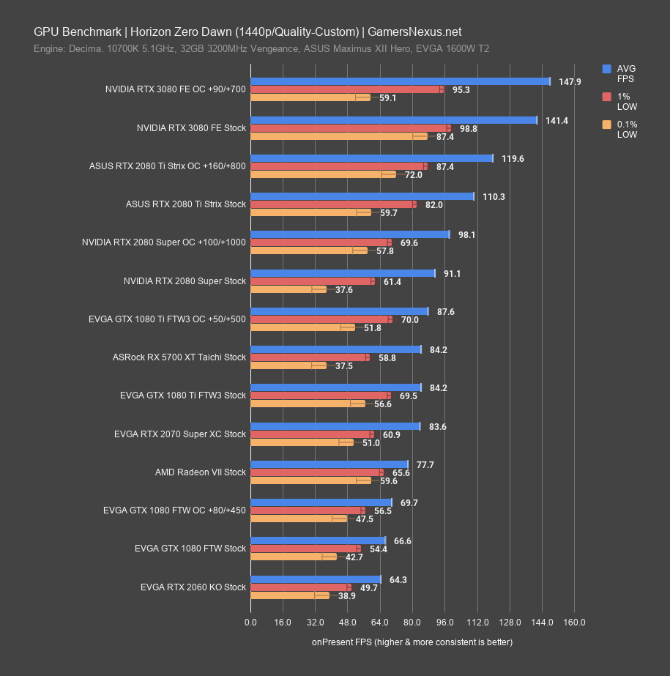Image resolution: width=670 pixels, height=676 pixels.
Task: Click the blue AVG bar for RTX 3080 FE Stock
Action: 393,120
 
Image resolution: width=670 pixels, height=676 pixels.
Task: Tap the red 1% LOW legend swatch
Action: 606,97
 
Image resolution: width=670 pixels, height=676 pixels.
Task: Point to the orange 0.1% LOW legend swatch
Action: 606,125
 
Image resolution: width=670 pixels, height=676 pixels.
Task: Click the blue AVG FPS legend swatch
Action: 606,69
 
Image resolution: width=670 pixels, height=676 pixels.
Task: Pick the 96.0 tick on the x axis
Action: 444,623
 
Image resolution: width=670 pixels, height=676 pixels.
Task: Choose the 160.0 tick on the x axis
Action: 574,623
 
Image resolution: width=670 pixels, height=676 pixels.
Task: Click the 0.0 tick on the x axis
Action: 250,623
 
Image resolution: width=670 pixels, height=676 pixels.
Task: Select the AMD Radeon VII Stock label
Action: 201,472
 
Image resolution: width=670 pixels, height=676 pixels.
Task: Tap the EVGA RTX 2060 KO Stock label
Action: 193,587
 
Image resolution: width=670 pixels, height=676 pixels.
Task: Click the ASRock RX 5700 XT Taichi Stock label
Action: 179,358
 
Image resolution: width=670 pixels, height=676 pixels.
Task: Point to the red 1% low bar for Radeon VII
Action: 316,472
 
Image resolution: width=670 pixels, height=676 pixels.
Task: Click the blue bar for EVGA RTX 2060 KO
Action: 316,579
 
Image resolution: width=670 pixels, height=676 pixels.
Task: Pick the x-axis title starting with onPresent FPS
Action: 412,642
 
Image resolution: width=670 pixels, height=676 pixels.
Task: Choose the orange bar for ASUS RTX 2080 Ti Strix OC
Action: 322,174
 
